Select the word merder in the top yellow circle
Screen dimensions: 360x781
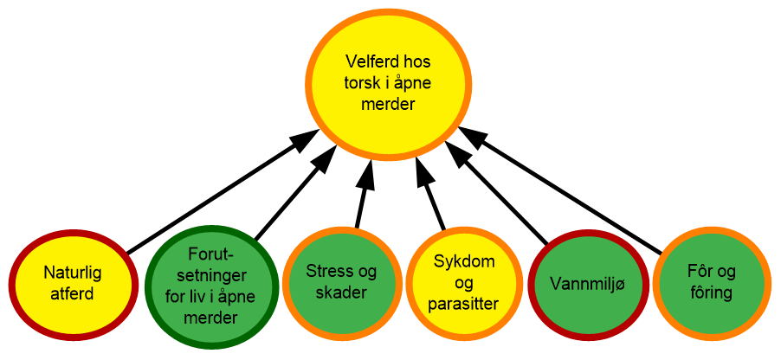[x=390, y=105]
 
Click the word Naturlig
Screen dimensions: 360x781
[x=73, y=273]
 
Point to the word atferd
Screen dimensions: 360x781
[x=73, y=294]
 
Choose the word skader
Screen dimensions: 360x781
[x=341, y=293]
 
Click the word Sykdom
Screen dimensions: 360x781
[x=464, y=260]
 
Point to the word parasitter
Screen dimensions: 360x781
[x=464, y=303]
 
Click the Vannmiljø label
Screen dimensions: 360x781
[x=587, y=283]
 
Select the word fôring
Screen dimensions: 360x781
[x=712, y=293]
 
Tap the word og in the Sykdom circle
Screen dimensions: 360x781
[x=464, y=282]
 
